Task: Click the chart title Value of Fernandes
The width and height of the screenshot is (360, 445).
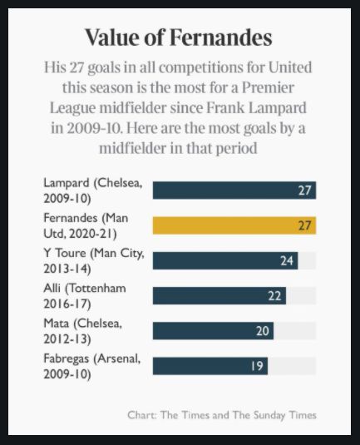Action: [x=179, y=37]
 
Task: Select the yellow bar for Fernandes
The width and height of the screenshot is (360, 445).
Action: [x=234, y=225]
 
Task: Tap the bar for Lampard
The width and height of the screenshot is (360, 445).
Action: [x=234, y=190]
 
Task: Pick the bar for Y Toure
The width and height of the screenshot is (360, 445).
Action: [x=225, y=260]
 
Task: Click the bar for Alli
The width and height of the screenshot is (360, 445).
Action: [x=219, y=296]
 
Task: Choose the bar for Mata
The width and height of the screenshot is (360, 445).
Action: [x=213, y=331]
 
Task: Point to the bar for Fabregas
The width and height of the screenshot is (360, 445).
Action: [x=210, y=366]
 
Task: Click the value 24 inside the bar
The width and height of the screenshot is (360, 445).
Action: [x=287, y=260]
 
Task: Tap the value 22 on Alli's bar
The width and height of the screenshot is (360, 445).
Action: [x=274, y=296]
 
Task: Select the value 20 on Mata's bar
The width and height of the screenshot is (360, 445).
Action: [x=263, y=331]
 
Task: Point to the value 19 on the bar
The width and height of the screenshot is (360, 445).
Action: [x=257, y=366]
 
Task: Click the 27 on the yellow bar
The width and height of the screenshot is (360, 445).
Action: [x=304, y=225]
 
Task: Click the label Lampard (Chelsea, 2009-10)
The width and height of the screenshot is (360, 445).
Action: [x=93, y=190]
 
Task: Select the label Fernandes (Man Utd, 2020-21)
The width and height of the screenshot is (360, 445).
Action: [x=86, y=225]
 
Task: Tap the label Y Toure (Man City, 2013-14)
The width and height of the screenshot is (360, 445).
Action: [x=94, y=261]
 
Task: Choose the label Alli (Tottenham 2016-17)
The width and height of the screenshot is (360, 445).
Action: [x=85, y=296]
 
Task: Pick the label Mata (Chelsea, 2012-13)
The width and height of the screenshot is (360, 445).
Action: [x=83, y=331]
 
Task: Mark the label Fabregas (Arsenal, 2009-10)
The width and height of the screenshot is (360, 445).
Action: [x=92, y=366]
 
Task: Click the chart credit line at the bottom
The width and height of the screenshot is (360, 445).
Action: [x=222, y=415]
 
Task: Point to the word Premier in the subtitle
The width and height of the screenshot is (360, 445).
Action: [x=268, y=87]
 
